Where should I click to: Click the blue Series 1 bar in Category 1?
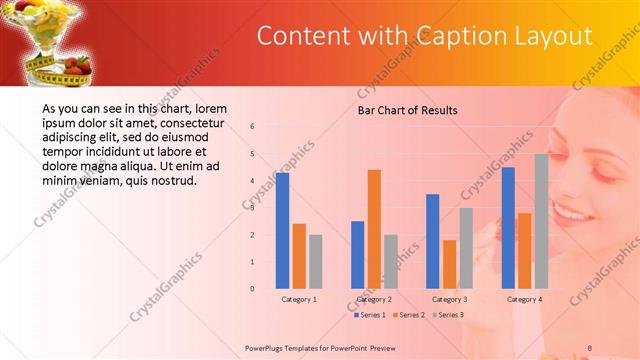point(283,231)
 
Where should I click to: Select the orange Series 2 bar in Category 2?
point(374,229)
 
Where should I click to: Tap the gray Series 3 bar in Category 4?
point(541,221)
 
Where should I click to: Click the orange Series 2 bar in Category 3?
point(449,264)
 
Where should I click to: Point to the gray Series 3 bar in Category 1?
point(316,262)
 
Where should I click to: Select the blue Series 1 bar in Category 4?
point(508,228)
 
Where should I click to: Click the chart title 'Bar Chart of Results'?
point(407,110)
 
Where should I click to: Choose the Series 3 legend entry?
point(449,315)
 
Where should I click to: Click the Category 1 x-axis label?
point(299,299)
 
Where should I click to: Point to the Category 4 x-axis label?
point(524,299)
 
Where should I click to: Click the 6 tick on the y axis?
point(252,127)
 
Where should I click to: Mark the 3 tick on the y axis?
point(252,208)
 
